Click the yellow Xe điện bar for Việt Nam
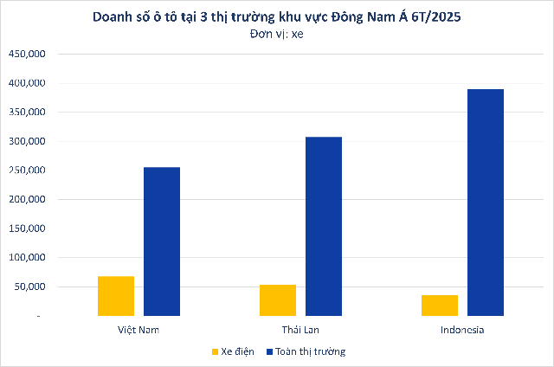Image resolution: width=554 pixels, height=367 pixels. click(x=116, y=296)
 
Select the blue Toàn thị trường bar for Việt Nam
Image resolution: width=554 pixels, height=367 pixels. click(x=162, y=241)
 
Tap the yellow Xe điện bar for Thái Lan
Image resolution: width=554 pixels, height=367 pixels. click(x=277, y=300)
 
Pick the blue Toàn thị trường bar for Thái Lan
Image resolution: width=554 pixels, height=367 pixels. click(x=324, y=226)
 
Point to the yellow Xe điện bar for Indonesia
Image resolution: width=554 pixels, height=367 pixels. click(x=439, y=306)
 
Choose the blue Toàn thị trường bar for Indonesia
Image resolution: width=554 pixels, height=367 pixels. click(x=486, y=203)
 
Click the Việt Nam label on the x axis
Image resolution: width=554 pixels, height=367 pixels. click(x=138, y=331)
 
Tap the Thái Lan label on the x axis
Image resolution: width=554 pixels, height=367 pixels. click(x=300, y=331)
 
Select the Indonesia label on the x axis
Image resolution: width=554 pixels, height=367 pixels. click(x=462, y=331)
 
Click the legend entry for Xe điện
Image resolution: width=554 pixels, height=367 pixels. click(x=233, y=352)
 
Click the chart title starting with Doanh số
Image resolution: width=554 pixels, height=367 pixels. click(x=276, y=16)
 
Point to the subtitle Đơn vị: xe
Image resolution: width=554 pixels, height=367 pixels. click(x=276, y=35)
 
